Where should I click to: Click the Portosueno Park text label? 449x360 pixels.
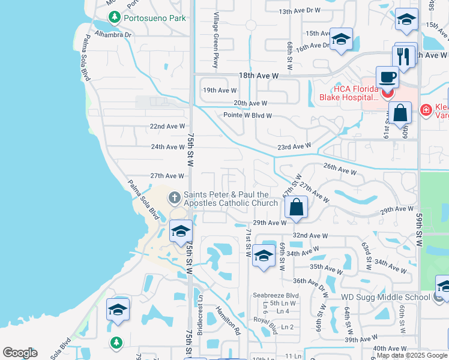(154, 18)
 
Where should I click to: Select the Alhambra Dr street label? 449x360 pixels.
(113, 35)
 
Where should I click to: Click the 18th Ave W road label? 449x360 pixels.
(259, 76)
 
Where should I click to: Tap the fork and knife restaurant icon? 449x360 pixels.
(405, 56)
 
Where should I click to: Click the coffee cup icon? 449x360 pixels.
(387, 77)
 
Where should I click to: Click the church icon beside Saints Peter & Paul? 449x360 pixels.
(175, 197)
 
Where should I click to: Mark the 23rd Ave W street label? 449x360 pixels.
(294, 146)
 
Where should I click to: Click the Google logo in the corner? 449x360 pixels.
(20, 353)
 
